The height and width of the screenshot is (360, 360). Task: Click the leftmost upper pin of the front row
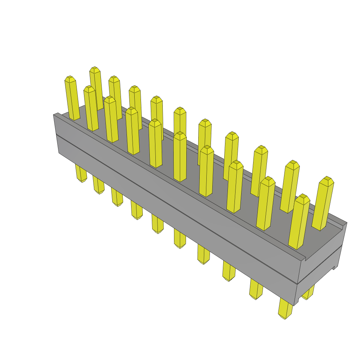tap(71, 98)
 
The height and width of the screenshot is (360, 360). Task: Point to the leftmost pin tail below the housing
tap(81, 174)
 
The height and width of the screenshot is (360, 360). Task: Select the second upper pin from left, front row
tap(91, 109)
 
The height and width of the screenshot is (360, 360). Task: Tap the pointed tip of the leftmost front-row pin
tap(70, 77)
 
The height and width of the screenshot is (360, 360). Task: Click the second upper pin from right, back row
tap(290, 186)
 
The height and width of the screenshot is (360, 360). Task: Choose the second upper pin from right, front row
tap(266, 204)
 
